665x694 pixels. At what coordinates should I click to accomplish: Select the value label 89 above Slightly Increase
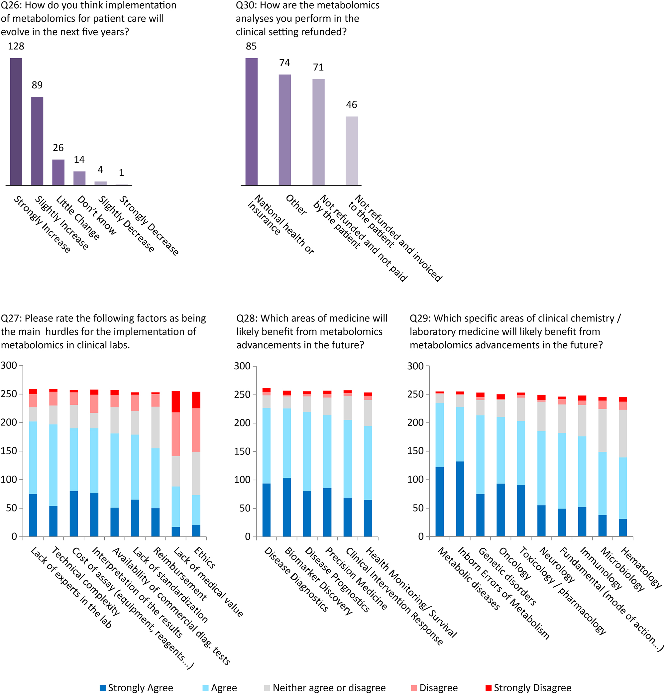pos(37,85)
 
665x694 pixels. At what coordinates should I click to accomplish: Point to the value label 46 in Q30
pos(351,105)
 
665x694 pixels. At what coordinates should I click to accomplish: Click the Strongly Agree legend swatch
pos(103,688)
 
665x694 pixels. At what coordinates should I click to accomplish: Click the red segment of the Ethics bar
pos(196,400)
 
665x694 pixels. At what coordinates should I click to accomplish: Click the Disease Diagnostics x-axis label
pos(296,579)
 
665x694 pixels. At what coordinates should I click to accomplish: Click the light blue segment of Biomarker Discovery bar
pos(287,443)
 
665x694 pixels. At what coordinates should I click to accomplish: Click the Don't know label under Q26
pos(96,215)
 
